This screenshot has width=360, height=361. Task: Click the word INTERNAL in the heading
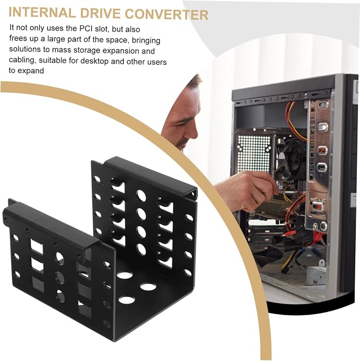coord(42,13)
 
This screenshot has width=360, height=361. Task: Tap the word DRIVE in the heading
coord(100,13)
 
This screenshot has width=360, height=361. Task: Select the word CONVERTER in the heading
coord(166,14)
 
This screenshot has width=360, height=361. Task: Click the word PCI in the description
coord(87,29)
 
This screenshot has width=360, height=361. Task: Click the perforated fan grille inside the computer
coord(254,153)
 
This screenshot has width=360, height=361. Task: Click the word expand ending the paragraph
coord(31,71)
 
